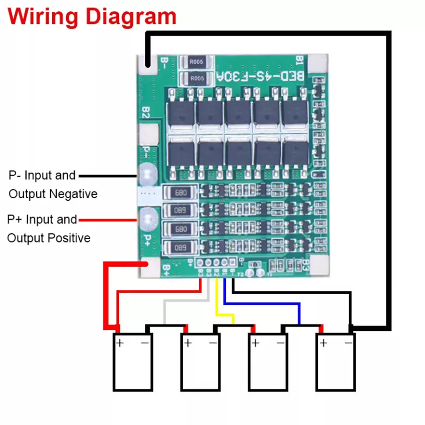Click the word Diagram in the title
(131, 17)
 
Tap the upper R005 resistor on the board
(196, 62)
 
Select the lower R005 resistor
(197, 78)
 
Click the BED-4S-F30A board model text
(260, 76)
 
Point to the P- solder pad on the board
(148, 173)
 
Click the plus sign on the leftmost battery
(120, 343)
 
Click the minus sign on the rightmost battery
(348, 343)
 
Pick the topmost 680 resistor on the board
(180, 193)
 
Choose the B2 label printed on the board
(146, 112)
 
